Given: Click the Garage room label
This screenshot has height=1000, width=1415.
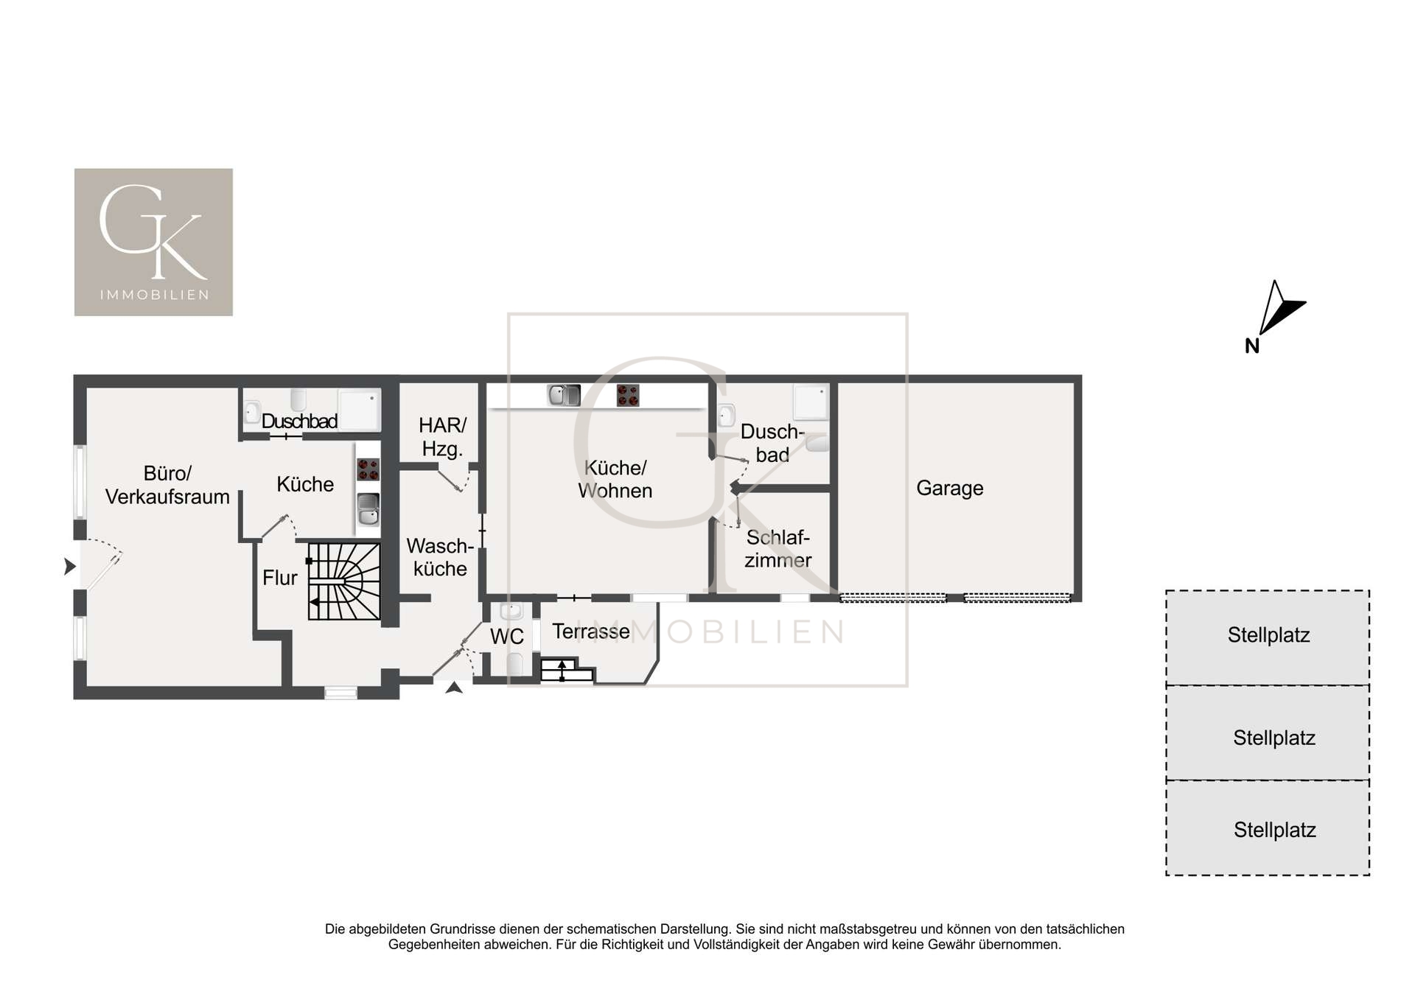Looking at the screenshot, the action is tap(949, 489).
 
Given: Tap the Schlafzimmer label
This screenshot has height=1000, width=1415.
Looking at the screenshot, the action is tap(778, 549).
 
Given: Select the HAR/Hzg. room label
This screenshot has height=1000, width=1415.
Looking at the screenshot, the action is tap(442, 437).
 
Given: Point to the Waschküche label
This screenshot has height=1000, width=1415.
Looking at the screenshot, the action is tap(440, 557).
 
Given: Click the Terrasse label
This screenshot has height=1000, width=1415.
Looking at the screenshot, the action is tap(591, 632).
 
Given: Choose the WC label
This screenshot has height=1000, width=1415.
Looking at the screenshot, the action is tap(507, 637).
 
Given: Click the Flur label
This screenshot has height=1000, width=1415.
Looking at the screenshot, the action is tap(280, 578).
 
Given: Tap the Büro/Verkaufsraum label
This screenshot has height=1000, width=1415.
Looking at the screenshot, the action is tap(167, 485).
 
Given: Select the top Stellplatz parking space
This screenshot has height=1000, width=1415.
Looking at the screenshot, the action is tap(1268, 637).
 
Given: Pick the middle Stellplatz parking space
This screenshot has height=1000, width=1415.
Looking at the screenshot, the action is tap(1268, 732).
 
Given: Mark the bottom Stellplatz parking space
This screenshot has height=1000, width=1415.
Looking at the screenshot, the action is tap(1268, 828).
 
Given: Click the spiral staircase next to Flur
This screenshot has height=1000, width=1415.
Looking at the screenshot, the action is tap(344, 581).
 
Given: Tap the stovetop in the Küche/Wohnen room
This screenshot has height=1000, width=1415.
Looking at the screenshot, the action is tap(628, 396).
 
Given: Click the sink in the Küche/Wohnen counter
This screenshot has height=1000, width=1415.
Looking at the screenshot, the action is tap(565, 396).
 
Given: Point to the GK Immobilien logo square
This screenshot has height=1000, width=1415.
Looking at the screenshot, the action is tap(153, 242).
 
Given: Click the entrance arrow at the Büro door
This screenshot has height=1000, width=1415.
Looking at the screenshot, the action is tap(70, 567).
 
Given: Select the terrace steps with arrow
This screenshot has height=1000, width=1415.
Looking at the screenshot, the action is tap(567, 671).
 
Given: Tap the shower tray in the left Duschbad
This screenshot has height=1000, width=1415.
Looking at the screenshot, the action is tap(359, 410).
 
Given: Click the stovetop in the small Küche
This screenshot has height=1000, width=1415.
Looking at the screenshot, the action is tap(368, 469).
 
